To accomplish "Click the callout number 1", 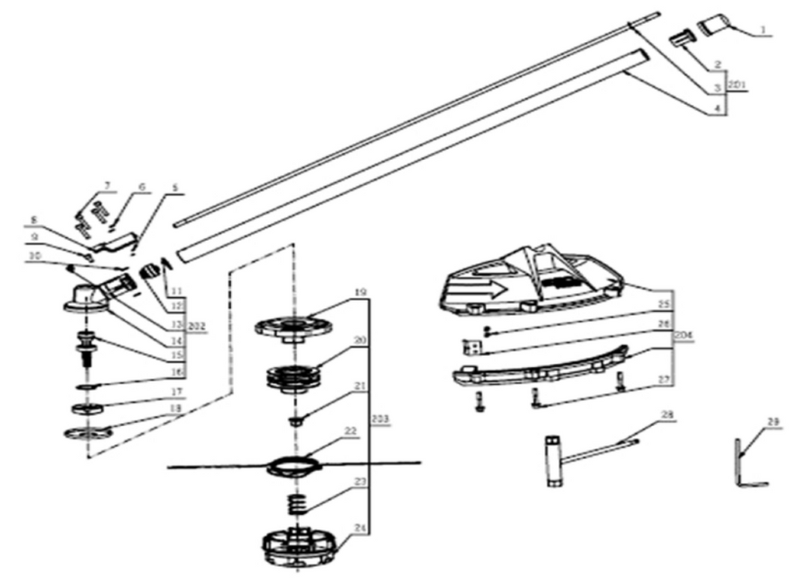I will click(762, 30).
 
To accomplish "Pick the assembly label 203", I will click(383, 418).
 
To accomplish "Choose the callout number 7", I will click(106, 185).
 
